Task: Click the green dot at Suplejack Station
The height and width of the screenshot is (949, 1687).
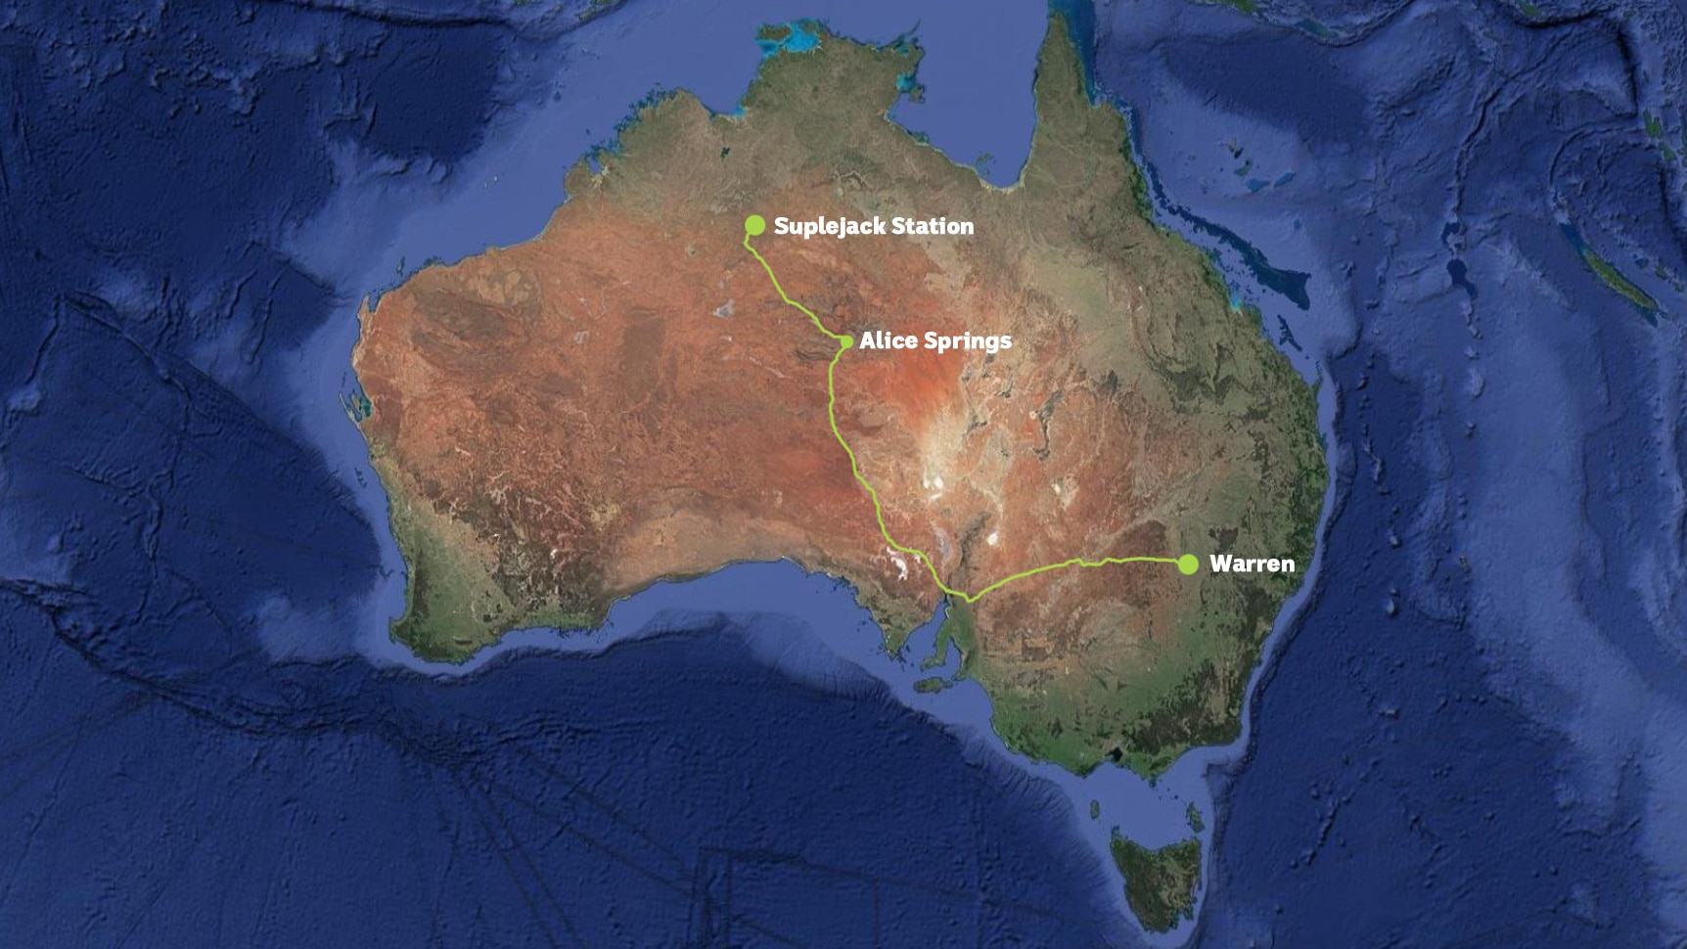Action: (754, 226)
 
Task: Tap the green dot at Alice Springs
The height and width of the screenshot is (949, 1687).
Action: (846, 341)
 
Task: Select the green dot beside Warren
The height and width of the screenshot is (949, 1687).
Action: (1188, 564)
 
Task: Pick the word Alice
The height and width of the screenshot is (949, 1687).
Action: (888, 340)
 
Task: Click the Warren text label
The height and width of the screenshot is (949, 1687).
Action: (1252, 564)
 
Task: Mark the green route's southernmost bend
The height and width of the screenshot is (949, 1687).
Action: (968, 598)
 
